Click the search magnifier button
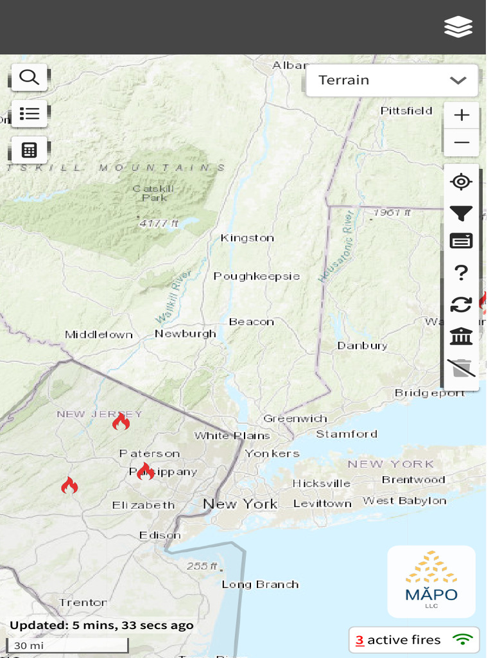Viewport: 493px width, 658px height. pos(29,78)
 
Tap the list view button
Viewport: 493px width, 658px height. pos(29,114)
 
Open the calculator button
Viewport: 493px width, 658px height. pos(29,150)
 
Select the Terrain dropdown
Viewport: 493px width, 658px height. pos(392,80)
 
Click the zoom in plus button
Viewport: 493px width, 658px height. pos(461,116)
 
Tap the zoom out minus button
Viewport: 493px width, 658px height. pos(461,142)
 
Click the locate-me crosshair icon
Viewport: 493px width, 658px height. pos(461,182)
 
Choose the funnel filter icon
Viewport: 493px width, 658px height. pos(461,213)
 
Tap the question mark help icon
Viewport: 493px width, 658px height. pos(461,273)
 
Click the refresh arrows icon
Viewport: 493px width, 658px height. pos(461,304)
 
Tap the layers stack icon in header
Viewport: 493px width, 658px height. pos(458,27)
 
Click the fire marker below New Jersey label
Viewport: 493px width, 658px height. pos(121,422)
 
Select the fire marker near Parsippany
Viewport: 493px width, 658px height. pos(145,471)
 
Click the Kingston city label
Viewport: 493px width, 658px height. pos(247,238)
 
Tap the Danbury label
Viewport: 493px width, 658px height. pos(362,346)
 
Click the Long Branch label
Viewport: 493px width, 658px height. pos(260,585)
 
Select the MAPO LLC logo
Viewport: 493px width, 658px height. pos(431,582)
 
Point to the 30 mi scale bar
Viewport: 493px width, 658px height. pos(67,645)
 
